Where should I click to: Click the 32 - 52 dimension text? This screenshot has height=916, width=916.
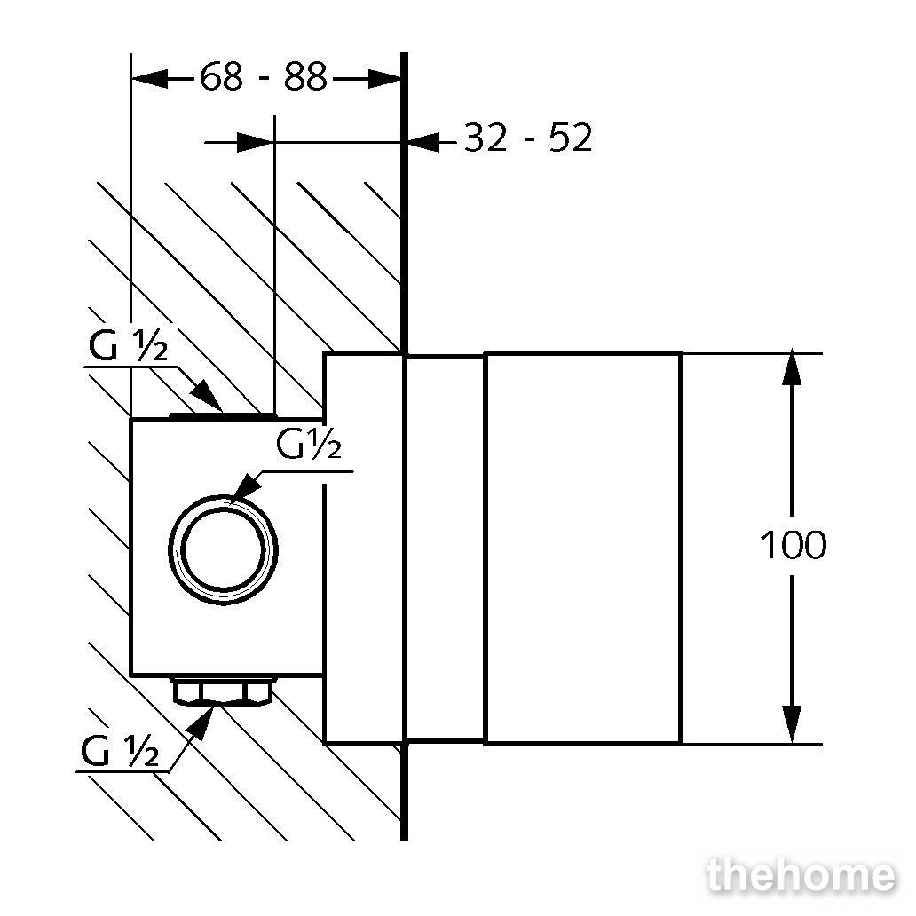[x=528, y=138]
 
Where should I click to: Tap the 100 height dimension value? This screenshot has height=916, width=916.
[x=792, y=545]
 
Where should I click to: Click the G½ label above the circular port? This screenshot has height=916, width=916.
[x=309, y=444]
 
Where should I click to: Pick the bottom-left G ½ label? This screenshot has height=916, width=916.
[x=120, y=751]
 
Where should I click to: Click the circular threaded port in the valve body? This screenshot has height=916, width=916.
[x=223, y=549]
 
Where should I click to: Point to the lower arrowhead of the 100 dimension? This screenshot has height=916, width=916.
[x=792, y=724]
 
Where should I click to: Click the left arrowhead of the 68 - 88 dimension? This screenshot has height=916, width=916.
[x=149, y=78]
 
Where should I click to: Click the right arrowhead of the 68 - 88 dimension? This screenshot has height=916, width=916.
[x=385, y=79]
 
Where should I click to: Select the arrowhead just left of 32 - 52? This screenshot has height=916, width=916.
[x=423, y=142]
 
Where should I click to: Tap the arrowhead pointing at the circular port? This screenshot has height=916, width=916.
[x=245, y=488]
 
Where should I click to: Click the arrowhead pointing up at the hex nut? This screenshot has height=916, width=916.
[x=201, y=722]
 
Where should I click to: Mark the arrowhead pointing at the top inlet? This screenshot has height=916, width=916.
[x=206, y=395]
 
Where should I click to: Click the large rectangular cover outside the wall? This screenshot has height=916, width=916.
[x=584, y=549]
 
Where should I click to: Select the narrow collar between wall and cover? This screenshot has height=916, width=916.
[x=445, y=549]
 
